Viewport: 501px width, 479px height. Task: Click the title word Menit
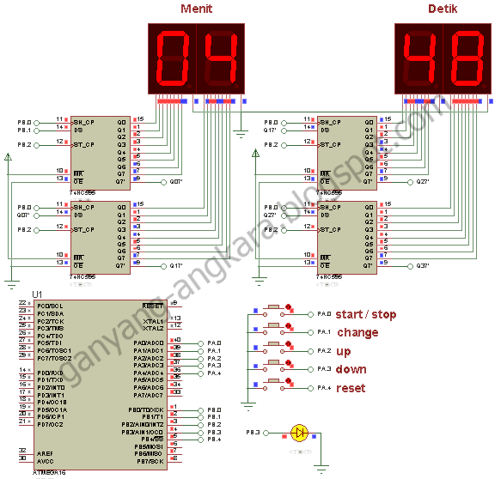tap(196, 9)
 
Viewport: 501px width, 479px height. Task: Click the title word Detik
tap(443, 9)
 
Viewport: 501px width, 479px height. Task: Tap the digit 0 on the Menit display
tap(174, 58)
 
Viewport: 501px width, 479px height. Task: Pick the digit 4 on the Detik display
tap(419, 58)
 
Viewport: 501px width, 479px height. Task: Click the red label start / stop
tap(365, 315)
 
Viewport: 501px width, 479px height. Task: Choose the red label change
tap(357, 333)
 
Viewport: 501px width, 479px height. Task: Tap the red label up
tap(344, 351)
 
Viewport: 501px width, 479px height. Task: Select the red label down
tap(351, 370)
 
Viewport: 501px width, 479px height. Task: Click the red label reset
tap(351, 388)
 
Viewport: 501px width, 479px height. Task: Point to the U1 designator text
tap(37, 294)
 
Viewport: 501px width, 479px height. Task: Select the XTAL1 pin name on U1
tap(153, 319)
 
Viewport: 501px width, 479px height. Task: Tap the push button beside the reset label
tap(274, 383)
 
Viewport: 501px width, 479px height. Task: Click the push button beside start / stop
tap(274, 310)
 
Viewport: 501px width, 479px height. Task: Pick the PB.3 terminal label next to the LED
tap(254, 432)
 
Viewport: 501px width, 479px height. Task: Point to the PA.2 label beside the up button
tap(323, 351)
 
